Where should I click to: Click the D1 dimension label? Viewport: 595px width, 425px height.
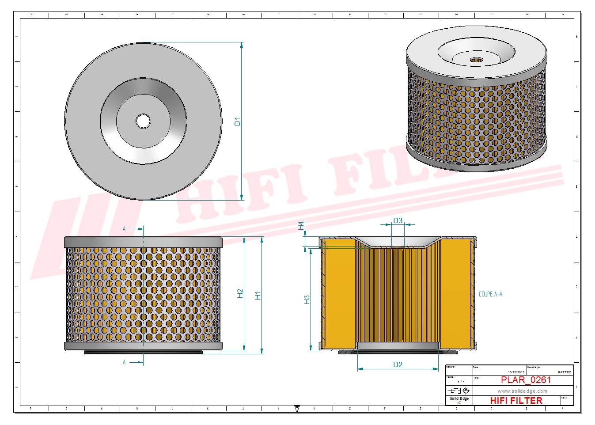[x=237, y=121]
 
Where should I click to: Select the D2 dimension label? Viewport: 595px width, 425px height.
[x=398, y=364]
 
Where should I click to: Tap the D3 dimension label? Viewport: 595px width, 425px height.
[x=398, y=220]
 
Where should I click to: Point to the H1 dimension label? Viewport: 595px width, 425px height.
[x=258, y=295]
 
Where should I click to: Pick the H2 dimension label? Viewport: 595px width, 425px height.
[x=240, y=293]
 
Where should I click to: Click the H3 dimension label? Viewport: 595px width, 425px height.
[x=307, y=300]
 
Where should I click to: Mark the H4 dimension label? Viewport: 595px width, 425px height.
[x=301, y=225]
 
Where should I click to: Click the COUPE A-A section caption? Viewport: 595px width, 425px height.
[x=490, y=294]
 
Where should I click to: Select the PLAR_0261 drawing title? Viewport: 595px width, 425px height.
[x=526, y=380]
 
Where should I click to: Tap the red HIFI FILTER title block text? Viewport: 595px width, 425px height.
[x=516, y=401]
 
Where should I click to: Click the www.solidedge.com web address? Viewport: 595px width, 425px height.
[x=522, y=391]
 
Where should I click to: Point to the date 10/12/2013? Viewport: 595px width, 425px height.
[x=516, y=372]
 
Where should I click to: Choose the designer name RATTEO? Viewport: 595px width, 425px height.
[x=564, y=372]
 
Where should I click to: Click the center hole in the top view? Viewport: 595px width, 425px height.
[x=143, y=121]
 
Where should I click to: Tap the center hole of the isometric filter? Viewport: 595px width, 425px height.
[x=476, y=60]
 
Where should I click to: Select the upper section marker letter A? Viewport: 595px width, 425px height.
[x=124, y=229]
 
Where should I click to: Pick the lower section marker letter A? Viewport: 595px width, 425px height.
[x=124, y=362]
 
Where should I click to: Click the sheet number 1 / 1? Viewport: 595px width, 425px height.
[x=461, y=382]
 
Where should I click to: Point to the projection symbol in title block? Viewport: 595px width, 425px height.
[x=459, y=391]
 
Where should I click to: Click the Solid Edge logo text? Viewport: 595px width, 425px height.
[x=459, y=399]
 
